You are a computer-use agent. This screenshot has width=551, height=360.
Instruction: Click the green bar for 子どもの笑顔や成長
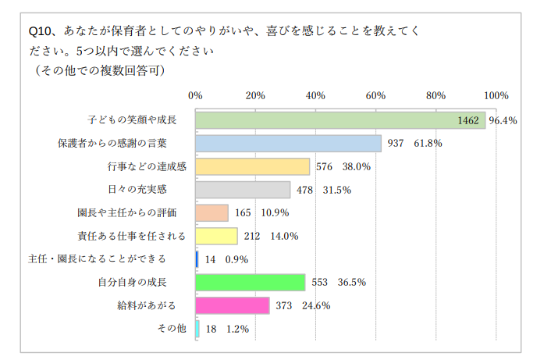point(339,120)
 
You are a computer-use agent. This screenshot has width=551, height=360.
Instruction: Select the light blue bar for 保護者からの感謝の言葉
point(288,144)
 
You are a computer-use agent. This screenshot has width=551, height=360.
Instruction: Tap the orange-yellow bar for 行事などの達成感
point(252,166)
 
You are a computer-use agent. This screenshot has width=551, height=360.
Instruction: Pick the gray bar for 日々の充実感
point(243,190)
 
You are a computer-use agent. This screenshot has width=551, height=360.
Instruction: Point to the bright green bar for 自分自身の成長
point(250,283)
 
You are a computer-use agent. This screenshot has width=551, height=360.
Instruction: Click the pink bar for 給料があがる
point(232,305)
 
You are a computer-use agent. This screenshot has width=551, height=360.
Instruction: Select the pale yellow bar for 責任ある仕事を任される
point(216,236)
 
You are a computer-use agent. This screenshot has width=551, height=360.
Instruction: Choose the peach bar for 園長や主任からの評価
point(212,212)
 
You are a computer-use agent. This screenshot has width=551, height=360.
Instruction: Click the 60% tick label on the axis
point(375,96)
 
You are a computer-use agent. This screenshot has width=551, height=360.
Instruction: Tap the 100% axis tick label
point(496,96)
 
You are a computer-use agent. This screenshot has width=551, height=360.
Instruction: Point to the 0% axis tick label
point(196,96)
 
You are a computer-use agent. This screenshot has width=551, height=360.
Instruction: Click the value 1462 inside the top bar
point(468,121)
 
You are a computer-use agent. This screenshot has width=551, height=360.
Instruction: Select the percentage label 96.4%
point(503,121)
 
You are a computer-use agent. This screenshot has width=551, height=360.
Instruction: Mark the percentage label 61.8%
point(428,144)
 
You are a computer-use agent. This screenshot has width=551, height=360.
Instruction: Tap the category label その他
point(172,329)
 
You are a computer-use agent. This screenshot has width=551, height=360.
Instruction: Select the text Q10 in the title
point(41,31)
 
